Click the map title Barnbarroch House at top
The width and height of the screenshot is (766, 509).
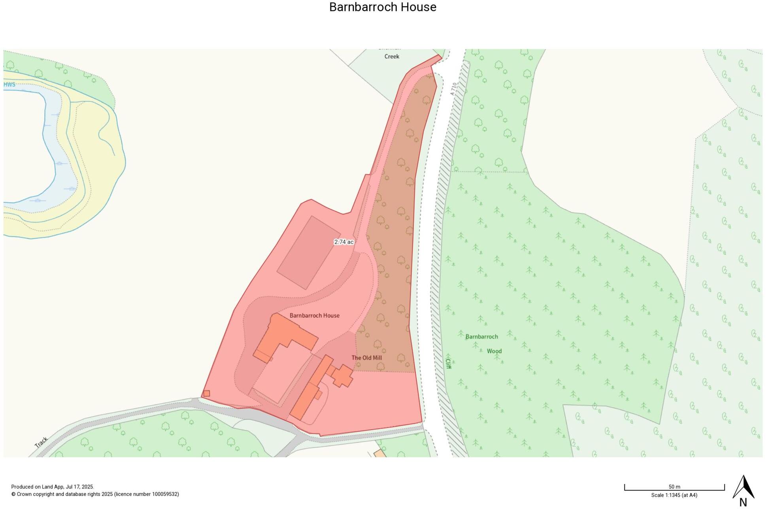click(383, 7)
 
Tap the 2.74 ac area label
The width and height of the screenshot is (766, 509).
click(343, 242)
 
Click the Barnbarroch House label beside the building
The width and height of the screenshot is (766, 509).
click(314, 315)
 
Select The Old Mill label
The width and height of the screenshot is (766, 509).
click(366, 358)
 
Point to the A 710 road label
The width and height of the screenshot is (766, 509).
click(453, 89)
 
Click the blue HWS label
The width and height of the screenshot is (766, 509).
click(9, 85)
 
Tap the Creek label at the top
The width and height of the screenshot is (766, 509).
click(392, 57)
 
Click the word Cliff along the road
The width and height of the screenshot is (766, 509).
click(448, 363)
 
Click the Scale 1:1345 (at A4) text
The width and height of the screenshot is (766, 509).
click(674, 495)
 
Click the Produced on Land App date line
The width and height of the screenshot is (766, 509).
click(53, 487)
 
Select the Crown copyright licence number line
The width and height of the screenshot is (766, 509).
click(95, 494)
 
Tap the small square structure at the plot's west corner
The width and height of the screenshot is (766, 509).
click(206, 394)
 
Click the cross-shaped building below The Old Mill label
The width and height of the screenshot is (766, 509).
click(342, 376)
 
